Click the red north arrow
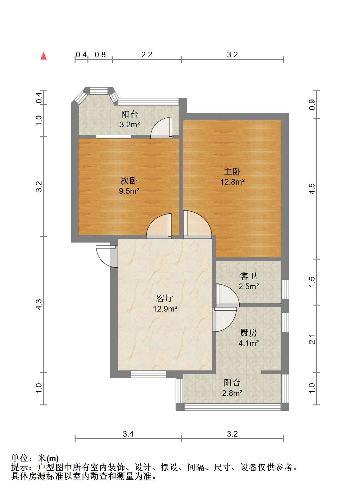tap(43, 56)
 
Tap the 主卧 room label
tap(232, 171)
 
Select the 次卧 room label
tap(129, 180)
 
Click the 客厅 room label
tap(165, 298)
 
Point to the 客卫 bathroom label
tap(249, 276)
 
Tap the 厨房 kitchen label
tap(249, 333)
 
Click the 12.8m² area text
tap(232, 182)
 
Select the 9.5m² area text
tap(129, 191)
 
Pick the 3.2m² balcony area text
tap(130, 124)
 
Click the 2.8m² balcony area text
tap(232, 393)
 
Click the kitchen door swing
tap(225, 319)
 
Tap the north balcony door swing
tap(161, 128)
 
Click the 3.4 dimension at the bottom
tap(128, 434)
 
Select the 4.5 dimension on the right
tap(312, 189)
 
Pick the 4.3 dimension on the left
tap(39, 304)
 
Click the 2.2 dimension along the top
tap(147, 55)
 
